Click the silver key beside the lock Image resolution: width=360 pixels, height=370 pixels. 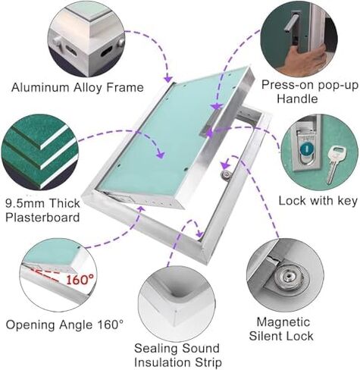(336, 164)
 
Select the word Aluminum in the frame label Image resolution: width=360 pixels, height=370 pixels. (40, 88)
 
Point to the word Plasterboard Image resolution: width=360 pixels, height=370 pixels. (42, 218)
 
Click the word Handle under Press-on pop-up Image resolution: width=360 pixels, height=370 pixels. (297, 99)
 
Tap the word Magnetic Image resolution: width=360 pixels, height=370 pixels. (283, 322)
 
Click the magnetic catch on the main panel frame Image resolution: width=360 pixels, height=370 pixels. (226, 174)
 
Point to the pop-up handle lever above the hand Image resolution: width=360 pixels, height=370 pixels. (291, 22)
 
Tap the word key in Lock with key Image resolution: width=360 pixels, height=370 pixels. (346, 201)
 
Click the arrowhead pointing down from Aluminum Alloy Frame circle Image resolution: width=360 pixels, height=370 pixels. (168, 78)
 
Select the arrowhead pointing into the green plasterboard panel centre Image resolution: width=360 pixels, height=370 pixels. (161, 154)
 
